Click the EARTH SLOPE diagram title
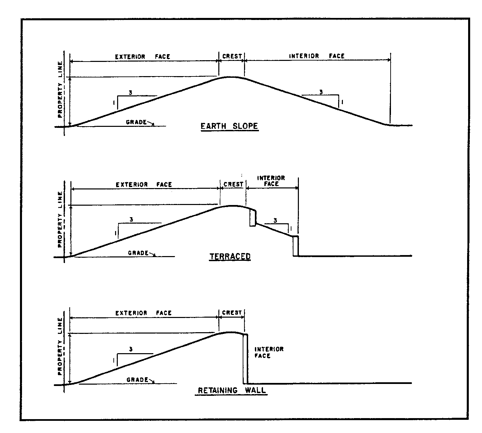pyautogui.click(x=229, y=127)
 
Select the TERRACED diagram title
pyautogui.click(x=230, y=256)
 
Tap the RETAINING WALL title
pyautogui.click(x=232, y=390)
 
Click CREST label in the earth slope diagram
pyautogui.click(x=232, y=56)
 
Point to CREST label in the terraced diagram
pyautogui.click(x=233, y=184)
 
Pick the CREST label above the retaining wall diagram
pyautogui.click(x=232, y=313)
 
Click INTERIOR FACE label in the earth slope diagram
pyautogui.click(x=316, y=56)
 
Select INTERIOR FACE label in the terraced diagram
pyautogui.click(x=271, y=181)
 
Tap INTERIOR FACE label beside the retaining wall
pyautogui.click(x=269, y=352)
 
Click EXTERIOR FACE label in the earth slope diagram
pyautogui.click(x=143, y=56)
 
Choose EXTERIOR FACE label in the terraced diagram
pyautogui.click(x=144, y=185)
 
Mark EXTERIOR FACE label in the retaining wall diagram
pyautogui.click(x=144, y=313)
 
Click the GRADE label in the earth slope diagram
pyautogui.click(x=136, y=122)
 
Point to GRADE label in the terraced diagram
pyautogui.click(x=138, y=253)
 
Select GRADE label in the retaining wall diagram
pyautogui.click(x=137, y=380)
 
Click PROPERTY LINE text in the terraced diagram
pyautogui.click(x=60, y=220)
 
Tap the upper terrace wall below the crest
pyautogui.click(x=253, y=218)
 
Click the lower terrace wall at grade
pyautogui.click(x=295, y=246)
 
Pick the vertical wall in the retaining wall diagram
pyautogui.click(x=245, y=359)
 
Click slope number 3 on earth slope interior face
pyautogui.click(x=321, y=92)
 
